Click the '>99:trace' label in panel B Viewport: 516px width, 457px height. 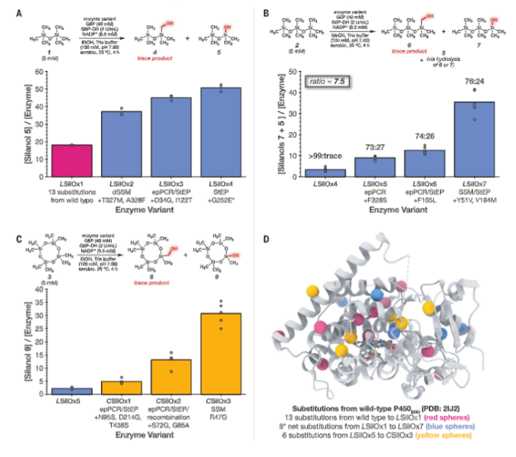pos(323,156)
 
